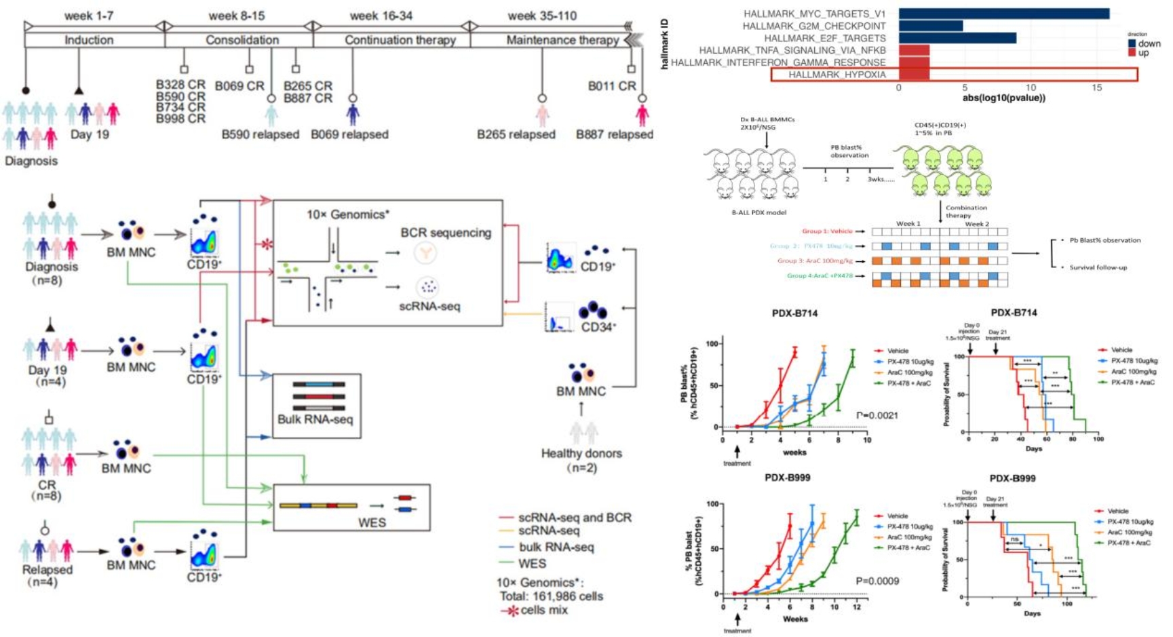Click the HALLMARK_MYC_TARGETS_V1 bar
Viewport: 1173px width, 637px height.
pos(1003,14)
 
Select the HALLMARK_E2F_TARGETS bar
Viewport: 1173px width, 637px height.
pos(957,38)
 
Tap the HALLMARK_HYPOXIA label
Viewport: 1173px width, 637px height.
pos(837,75)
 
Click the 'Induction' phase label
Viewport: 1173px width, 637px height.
pos(89,40)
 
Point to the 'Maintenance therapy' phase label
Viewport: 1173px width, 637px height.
pos(562,40)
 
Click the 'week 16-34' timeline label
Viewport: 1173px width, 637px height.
pos(381,16)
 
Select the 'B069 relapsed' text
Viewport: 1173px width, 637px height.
pos(349,134)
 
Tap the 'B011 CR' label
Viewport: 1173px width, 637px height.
pos(612,86)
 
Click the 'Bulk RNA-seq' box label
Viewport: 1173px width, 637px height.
pos(315,419)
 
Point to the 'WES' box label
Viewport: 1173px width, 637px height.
pos(372,522)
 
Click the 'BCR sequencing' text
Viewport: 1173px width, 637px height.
pos(445,233)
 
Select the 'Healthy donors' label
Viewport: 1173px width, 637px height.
pos(581,453)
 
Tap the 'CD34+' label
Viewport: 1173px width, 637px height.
pos(598,327)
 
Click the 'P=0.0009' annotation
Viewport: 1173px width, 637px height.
pos(877,581)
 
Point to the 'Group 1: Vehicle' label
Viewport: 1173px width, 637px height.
pos(827,231)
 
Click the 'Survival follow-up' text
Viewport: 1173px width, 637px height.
pos(1098,267)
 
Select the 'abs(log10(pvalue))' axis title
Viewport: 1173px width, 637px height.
pos(1003,98)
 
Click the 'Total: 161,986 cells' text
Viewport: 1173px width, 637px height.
pos(551,596)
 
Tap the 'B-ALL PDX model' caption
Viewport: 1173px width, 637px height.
pos(758,212)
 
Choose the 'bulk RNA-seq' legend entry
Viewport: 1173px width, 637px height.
pos(556,547)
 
